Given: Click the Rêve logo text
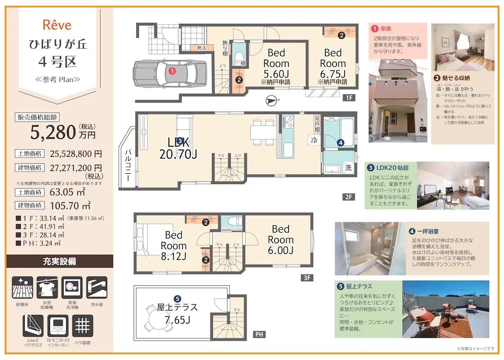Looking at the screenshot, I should point(57,25).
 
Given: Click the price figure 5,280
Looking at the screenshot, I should point(53,132).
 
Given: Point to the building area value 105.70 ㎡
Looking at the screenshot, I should point(70,206).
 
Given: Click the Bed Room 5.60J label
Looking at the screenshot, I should point(276,63).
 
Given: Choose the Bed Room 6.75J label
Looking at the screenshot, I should point(333,63).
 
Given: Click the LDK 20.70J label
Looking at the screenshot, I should point(178,148).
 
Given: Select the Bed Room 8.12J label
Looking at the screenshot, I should point(173,246).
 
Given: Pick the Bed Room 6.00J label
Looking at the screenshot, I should point(280,240).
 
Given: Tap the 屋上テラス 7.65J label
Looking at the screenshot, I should point(177,314).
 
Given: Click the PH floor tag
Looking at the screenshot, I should point(259,334).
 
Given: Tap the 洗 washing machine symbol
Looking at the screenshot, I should point(348,168).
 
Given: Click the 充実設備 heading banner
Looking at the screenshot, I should point(59,261).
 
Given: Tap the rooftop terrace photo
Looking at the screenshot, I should point(445,310).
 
